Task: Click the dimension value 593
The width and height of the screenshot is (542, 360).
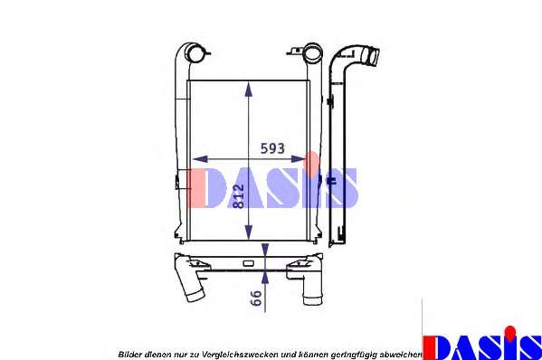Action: [x=272, y=148]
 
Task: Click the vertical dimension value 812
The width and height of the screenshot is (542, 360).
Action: [x=238, y=196]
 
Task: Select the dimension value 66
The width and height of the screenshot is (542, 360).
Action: [x=255, y=298]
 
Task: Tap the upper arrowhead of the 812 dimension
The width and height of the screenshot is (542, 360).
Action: [x=249, y=90]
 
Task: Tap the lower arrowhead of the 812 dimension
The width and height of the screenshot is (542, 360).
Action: [x=249, y=232]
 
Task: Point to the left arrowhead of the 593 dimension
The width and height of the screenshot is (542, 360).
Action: [x=200, y=159]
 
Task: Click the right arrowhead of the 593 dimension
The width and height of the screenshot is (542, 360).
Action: [x=298, y=159]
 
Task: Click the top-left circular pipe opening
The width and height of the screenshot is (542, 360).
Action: [x=195, y=54]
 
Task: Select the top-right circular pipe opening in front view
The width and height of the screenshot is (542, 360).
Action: [x=312, y=54]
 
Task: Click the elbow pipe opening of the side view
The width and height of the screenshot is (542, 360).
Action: [x=373, y=57]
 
